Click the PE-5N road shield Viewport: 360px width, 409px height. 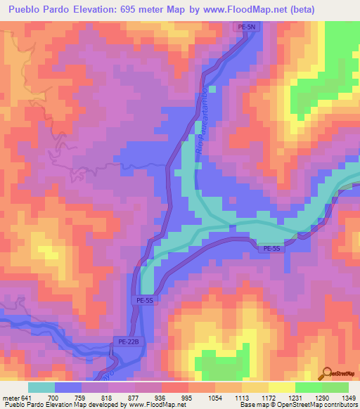(243, 26)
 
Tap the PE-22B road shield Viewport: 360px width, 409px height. (123, 342)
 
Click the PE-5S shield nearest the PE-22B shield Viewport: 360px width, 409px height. (145, 300)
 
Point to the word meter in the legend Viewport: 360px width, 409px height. (10, 398)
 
